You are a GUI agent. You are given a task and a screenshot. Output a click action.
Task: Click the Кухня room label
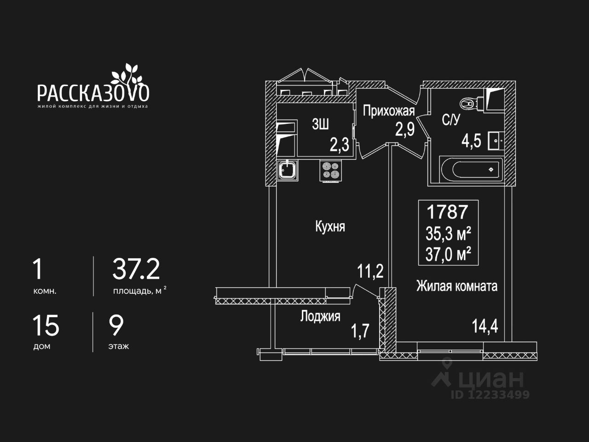[x=330, y=227]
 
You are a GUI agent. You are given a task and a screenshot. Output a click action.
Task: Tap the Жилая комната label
[x=456, y=286]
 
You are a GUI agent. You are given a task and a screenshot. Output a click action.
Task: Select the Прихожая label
[x=389, y=111]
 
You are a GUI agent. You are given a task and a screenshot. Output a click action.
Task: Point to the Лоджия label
[x=320, y=316]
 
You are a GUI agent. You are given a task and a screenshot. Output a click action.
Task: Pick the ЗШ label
[x=320, y=124]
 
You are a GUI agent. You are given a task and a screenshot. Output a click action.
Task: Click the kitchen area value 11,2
[x=370, y=272]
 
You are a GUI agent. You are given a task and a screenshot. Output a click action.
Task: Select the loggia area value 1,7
[x=360, y=331]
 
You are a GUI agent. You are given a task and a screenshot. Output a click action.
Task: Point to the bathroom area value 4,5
[x=471, y=141]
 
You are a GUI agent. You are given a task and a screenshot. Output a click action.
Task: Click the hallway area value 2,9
[x=405, y=129]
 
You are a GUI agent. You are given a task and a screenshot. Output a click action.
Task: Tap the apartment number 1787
[x=447, y=212]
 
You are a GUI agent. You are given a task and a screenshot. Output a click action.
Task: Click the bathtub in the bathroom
[x=470, y=169]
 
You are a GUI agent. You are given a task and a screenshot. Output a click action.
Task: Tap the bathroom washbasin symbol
[x=496, y=140]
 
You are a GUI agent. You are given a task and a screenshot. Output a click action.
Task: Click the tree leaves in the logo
[x=126, y=73]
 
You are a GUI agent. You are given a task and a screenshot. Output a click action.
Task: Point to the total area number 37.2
[x=136, y=270]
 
